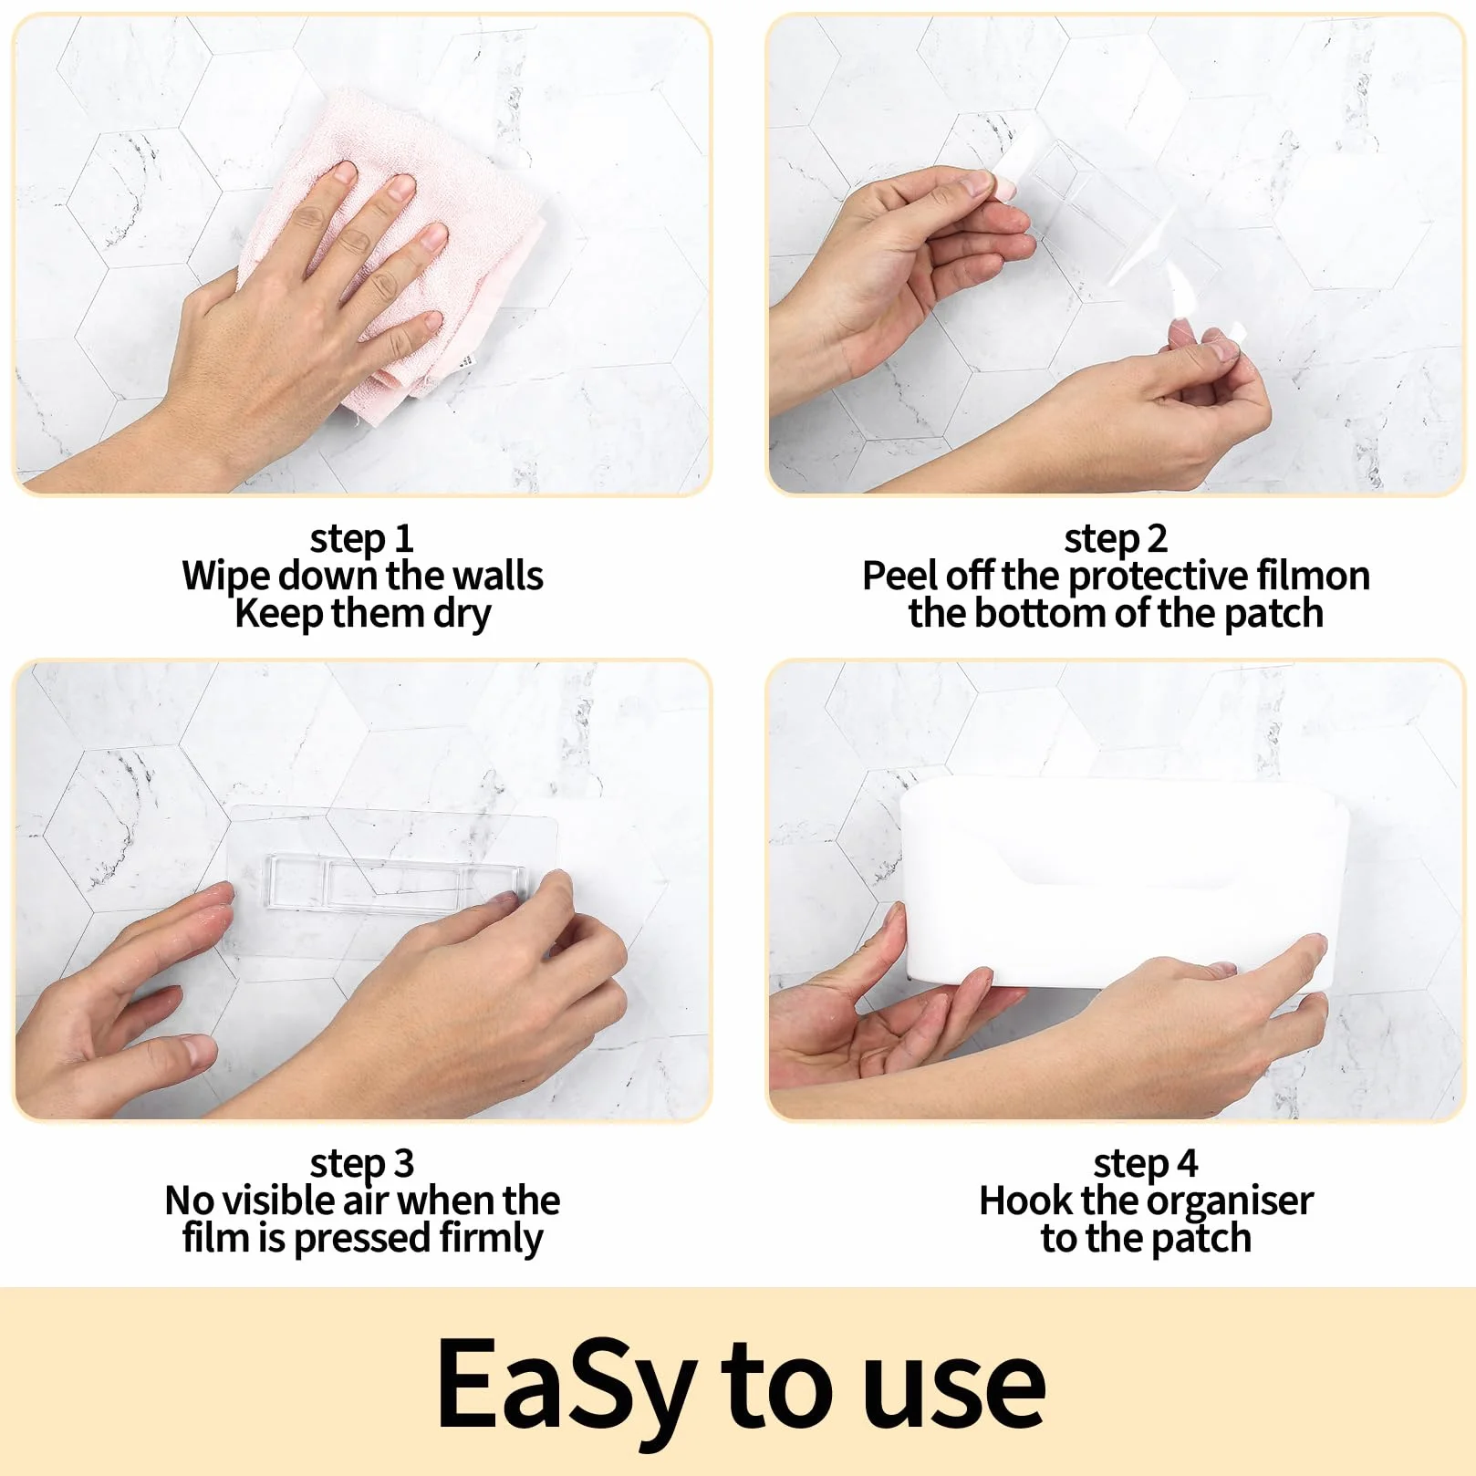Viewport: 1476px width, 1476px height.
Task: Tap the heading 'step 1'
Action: pyautogui.click(x=362, y=538)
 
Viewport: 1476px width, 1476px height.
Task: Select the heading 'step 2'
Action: pyautogui.click(x=1116, y=538)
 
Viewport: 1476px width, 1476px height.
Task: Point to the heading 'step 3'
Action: pyautogui.click(x=362, y=1163)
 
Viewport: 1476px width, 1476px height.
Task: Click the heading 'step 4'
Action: pyautogui.click(x=1146, y=1163)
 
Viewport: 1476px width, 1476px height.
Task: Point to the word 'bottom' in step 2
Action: pyautogui.click(x=1040, y=613)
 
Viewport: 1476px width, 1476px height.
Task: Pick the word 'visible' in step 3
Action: pyautogui.click(x=276, y=1201)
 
